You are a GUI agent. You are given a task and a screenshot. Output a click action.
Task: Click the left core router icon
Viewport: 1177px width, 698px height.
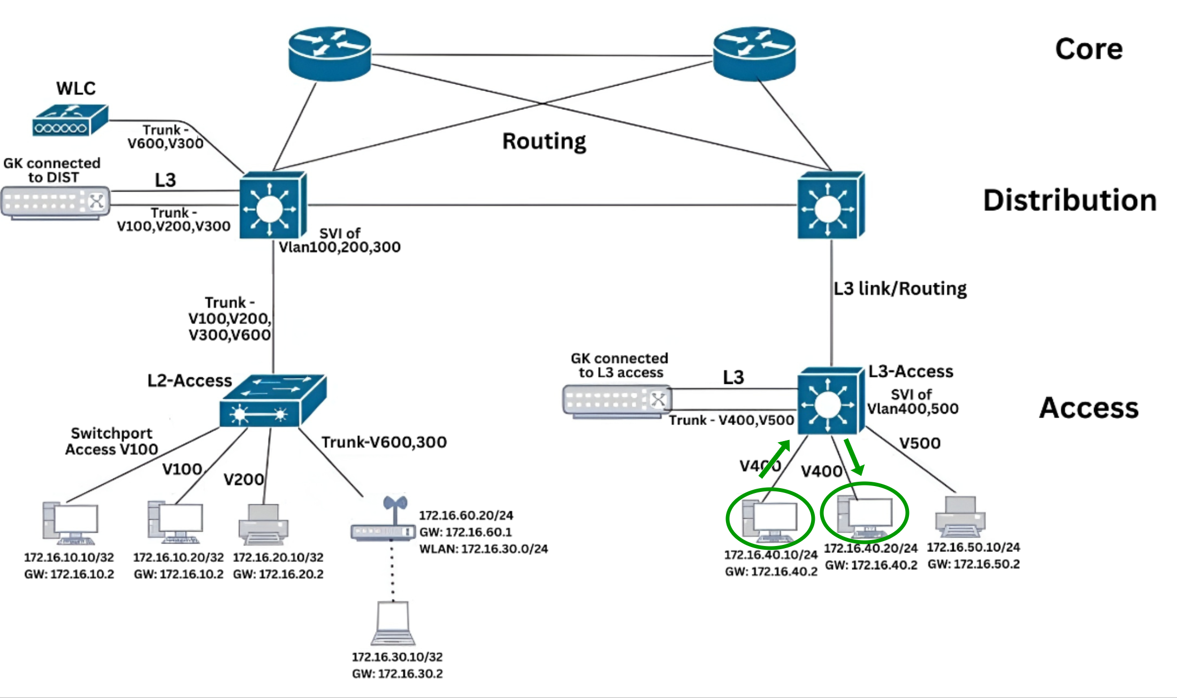click(330, 54)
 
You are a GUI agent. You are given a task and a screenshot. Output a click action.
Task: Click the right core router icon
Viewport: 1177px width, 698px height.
click(754, 54)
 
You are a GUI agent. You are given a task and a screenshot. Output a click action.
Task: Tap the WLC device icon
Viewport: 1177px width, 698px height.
click(70, 120)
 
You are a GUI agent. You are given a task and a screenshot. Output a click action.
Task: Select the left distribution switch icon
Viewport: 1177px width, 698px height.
click(272, 206)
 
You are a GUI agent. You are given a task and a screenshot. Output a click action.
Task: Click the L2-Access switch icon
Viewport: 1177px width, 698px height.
click(272, 401)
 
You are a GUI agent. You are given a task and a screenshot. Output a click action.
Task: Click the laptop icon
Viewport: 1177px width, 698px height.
click(393, 624)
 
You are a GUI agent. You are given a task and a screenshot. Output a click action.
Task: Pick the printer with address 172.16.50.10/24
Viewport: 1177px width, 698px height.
click(960, 517)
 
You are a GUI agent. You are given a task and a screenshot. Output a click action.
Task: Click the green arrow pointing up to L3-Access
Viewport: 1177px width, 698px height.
click(775, 459)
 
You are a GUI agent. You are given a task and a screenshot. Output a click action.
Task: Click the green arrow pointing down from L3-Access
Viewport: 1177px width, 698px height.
click(854, 457)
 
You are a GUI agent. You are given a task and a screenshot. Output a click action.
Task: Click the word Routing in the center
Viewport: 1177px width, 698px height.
click(544, 141)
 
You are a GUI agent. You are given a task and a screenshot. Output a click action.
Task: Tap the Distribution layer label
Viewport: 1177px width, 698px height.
click(1069, 201)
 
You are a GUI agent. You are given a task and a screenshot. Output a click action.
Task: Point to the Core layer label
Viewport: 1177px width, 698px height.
click(1089, 49)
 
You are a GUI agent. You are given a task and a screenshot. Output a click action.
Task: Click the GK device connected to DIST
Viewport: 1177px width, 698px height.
click(56, 202)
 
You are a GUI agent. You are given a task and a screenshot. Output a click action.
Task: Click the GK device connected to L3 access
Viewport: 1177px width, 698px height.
click(616, 401)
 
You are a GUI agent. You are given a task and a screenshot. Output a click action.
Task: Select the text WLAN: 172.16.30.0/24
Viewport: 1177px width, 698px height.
click(483, 549)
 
